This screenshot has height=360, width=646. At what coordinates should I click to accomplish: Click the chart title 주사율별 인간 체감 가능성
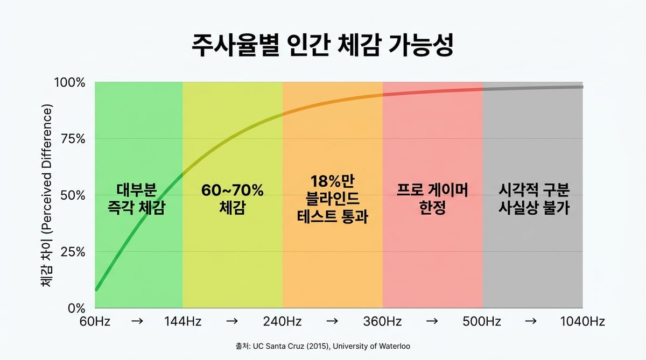(322, 46)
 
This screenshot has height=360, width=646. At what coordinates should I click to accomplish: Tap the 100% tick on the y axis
(69, 83)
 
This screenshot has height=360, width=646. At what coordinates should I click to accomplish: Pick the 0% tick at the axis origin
(76, 308)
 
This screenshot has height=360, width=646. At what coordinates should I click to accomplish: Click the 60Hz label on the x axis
(94, 322)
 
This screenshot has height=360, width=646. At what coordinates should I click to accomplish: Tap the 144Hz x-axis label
(182, 322)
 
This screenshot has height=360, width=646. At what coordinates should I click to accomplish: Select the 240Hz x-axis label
(282, 322)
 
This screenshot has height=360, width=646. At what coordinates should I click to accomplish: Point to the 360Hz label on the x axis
(382, 322)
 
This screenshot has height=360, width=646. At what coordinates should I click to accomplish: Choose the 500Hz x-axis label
(482, 322)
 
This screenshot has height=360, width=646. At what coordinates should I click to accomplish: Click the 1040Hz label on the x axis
(582, 322)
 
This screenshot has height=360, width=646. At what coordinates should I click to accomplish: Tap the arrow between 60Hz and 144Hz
(137, 321)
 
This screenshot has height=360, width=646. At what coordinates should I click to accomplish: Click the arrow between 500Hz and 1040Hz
(530, 321)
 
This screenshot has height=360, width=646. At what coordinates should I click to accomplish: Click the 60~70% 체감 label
(232, 199)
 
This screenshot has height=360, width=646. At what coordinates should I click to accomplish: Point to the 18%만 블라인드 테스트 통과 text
(332, 199)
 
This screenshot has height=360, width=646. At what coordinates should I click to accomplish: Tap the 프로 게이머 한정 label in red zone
(432, 199)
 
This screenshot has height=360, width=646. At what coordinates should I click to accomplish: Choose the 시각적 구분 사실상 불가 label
(533, 199)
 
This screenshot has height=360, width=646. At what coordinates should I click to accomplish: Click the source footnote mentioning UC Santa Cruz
(322, 347)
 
